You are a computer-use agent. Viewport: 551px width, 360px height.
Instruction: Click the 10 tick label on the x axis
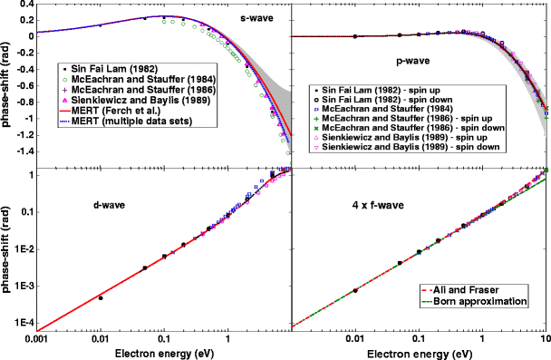click(544, 337)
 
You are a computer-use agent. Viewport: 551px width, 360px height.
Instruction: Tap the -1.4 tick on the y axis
click(23, 151)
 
